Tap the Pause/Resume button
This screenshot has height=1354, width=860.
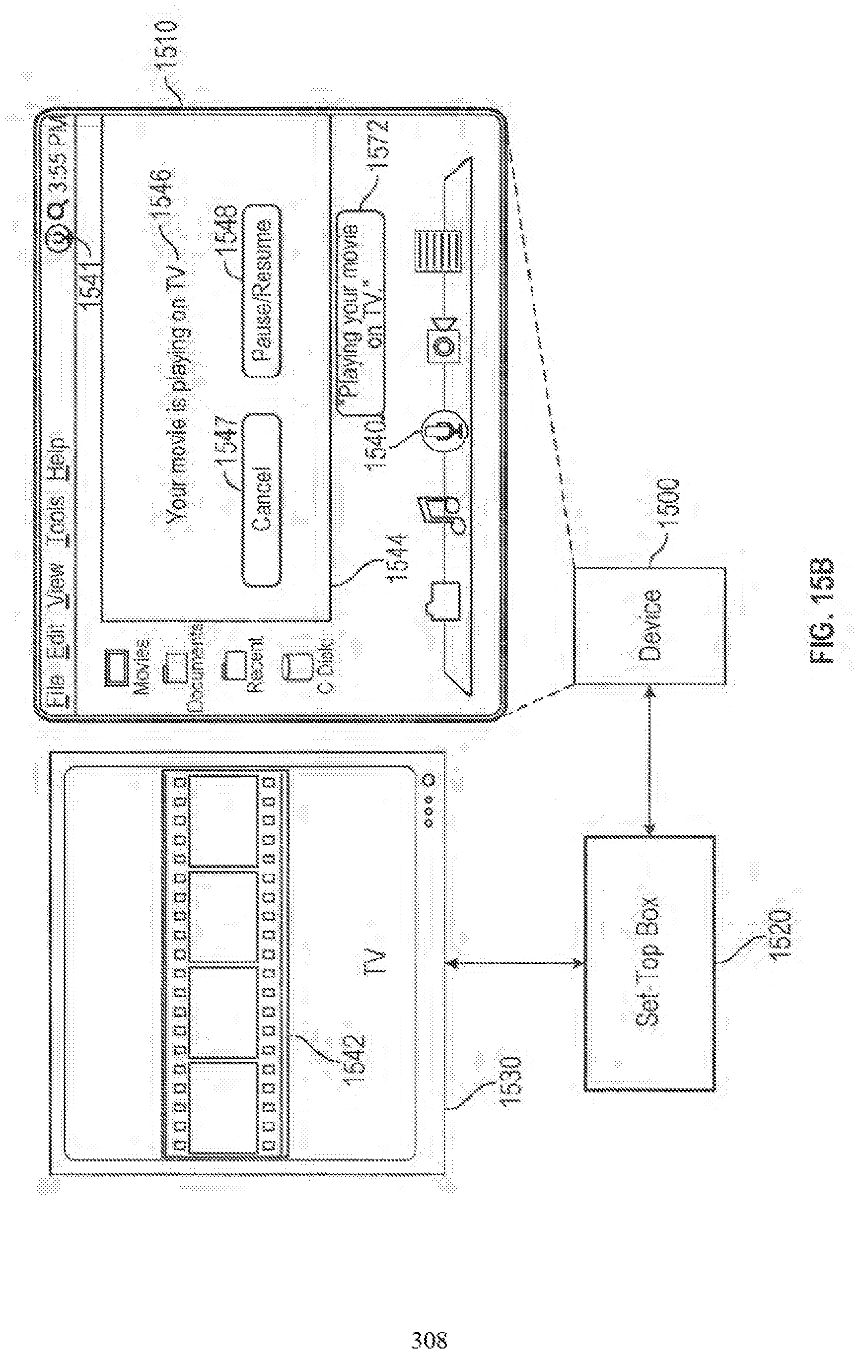(x=262, y=291)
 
